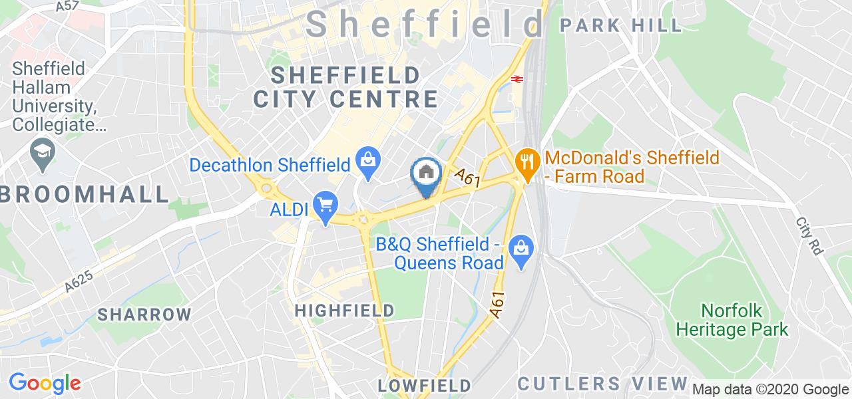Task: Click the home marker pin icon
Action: pos(425,174)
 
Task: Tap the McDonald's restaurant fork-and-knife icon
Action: pos(527,159)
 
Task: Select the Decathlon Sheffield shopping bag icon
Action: pos(365,159)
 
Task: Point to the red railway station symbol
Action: pos(517,78)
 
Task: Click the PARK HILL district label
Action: pos(621,26)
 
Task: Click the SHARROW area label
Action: pos(144,315)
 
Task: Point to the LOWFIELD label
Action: pos(424,386)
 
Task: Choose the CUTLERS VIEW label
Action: pos(602,384)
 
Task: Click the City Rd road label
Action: pos(810,236)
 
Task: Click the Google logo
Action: pos(45,383)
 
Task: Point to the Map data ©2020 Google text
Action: pos(770,390)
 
